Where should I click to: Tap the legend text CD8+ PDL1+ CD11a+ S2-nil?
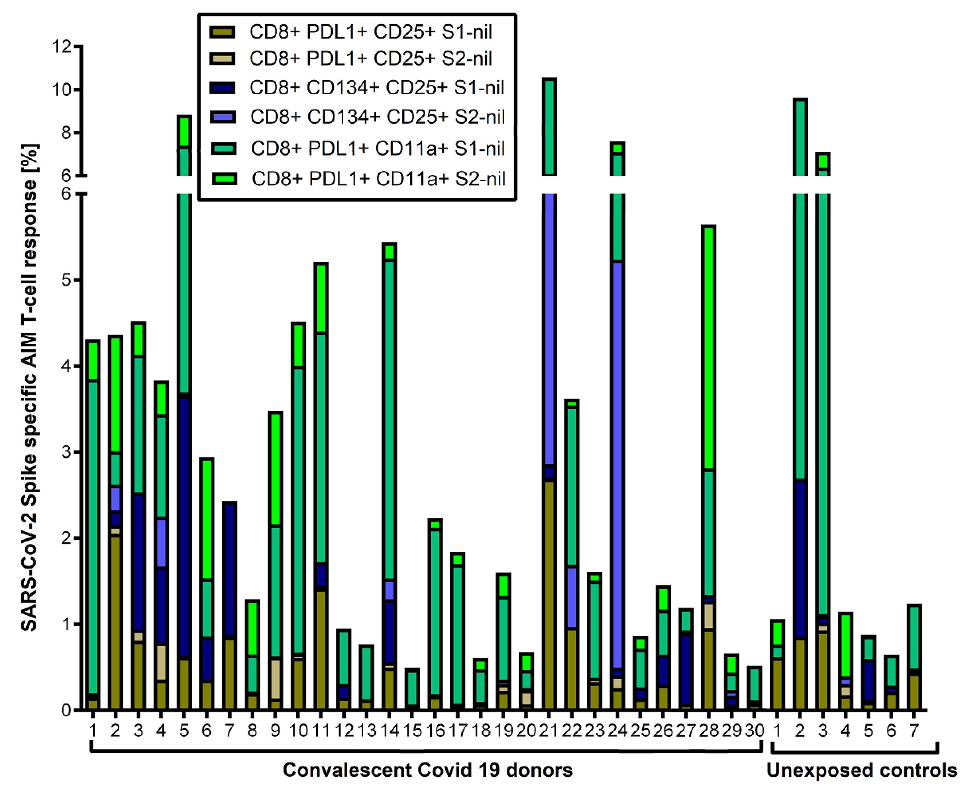(378, 179)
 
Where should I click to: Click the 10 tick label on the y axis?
(62, 89)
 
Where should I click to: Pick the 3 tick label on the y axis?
(66, 452)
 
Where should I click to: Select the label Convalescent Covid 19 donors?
(427, 769)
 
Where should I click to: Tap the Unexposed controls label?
(861, 769)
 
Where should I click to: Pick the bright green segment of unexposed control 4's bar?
(845, 646)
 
